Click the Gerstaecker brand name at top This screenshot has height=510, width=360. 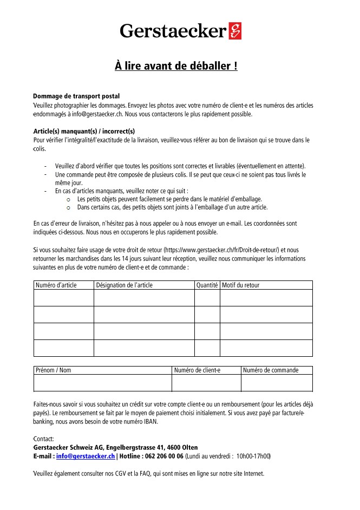[x=173, y=31]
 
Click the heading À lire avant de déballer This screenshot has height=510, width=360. [x=176, y=66]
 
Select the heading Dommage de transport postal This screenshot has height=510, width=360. [x=76, y=96]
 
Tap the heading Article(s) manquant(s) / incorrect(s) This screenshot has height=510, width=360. [x=84, y=131]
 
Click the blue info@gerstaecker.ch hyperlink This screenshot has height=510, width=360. [x=85, y=456]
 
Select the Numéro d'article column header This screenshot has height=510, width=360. [x=56, y=285]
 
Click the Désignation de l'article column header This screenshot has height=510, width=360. [x=124, y=285]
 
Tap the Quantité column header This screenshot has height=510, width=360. [x=207, y=285]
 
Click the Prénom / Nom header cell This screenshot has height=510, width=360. [x=53, y=370]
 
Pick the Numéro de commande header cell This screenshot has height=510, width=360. [x=271, y=370]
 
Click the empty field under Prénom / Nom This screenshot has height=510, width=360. [x=102, y=383]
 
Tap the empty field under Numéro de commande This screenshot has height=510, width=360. [x=277, y=383]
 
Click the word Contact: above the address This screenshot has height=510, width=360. [x=43, y=439]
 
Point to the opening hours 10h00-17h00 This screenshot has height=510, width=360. [x=253, y=456]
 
